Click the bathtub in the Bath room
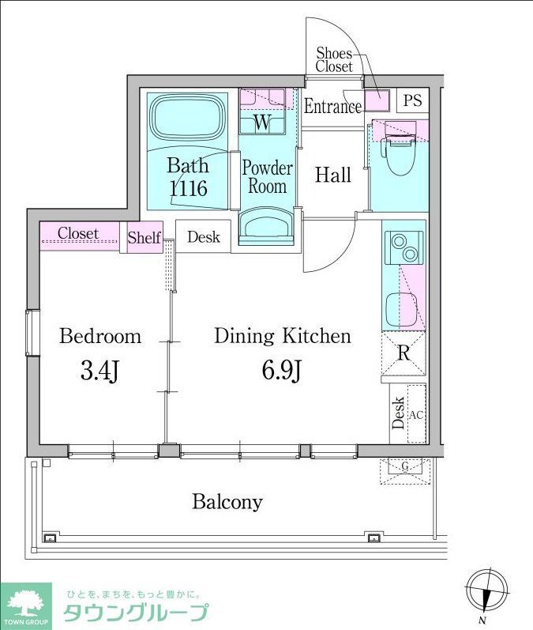[187, 117]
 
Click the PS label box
[413, 100]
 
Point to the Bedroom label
[100, 336]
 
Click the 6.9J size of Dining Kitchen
[282, 371]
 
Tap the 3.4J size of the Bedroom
[99, 372]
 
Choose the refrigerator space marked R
[404, 353]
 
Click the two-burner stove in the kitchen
[404, 247]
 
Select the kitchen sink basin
[401, 309]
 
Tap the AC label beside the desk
[416, 415]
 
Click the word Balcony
[227, 502]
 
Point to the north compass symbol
[487, 593]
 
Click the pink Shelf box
[145, 237]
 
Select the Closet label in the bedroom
[78, 233]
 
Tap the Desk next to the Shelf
[204, 236]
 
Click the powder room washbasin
[267, 226]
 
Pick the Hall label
[333, 175]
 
